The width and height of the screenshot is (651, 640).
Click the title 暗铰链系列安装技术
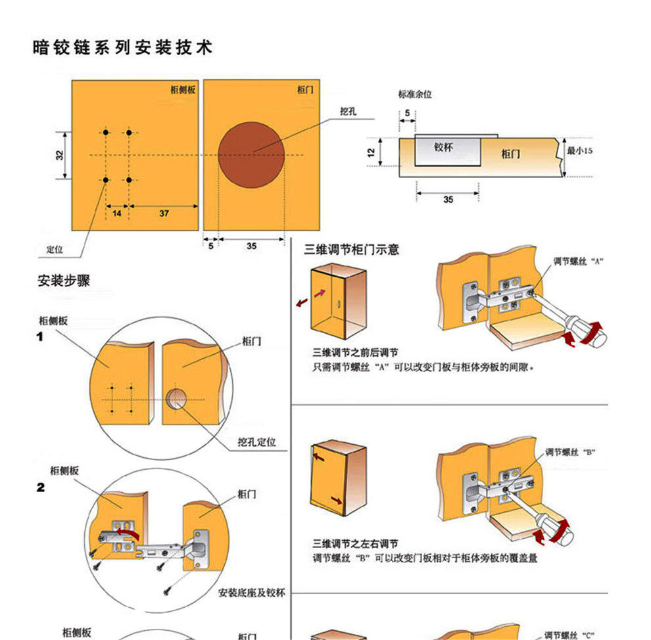tap(122, 48)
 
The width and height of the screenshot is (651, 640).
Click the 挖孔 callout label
tap(348, 112)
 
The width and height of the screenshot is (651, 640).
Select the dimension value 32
tap(60, 156)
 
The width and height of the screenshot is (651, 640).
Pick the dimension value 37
tap(164, 214)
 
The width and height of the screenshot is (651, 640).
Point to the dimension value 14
tap(116, 214)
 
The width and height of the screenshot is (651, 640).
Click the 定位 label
tap(55, 250)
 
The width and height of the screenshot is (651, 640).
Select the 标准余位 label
tap(414, 95)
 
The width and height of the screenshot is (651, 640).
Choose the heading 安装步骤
tap(64, 281)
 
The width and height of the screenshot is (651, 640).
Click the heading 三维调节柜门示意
tap(351, 250)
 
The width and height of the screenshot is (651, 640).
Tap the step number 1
tap(39, 337)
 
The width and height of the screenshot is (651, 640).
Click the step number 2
tap(41, 488)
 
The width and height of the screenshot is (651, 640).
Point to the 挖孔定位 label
tap(257, 442)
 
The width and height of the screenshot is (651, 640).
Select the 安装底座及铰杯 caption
tap(252, 593)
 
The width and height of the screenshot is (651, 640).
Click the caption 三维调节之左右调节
tap(355, 544)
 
